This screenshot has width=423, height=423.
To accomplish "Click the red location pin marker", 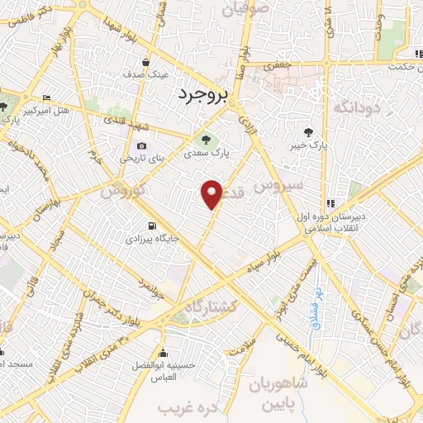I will pos(212,193).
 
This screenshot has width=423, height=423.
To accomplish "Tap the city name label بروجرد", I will pos(201,97).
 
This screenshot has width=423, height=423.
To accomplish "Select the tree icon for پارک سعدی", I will pos(206,138).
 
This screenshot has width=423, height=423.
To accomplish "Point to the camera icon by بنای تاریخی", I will pos(141,145).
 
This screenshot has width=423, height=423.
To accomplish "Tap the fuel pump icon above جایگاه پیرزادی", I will pos(150,226).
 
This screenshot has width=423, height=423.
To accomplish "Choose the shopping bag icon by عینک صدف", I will pos(145,62).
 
